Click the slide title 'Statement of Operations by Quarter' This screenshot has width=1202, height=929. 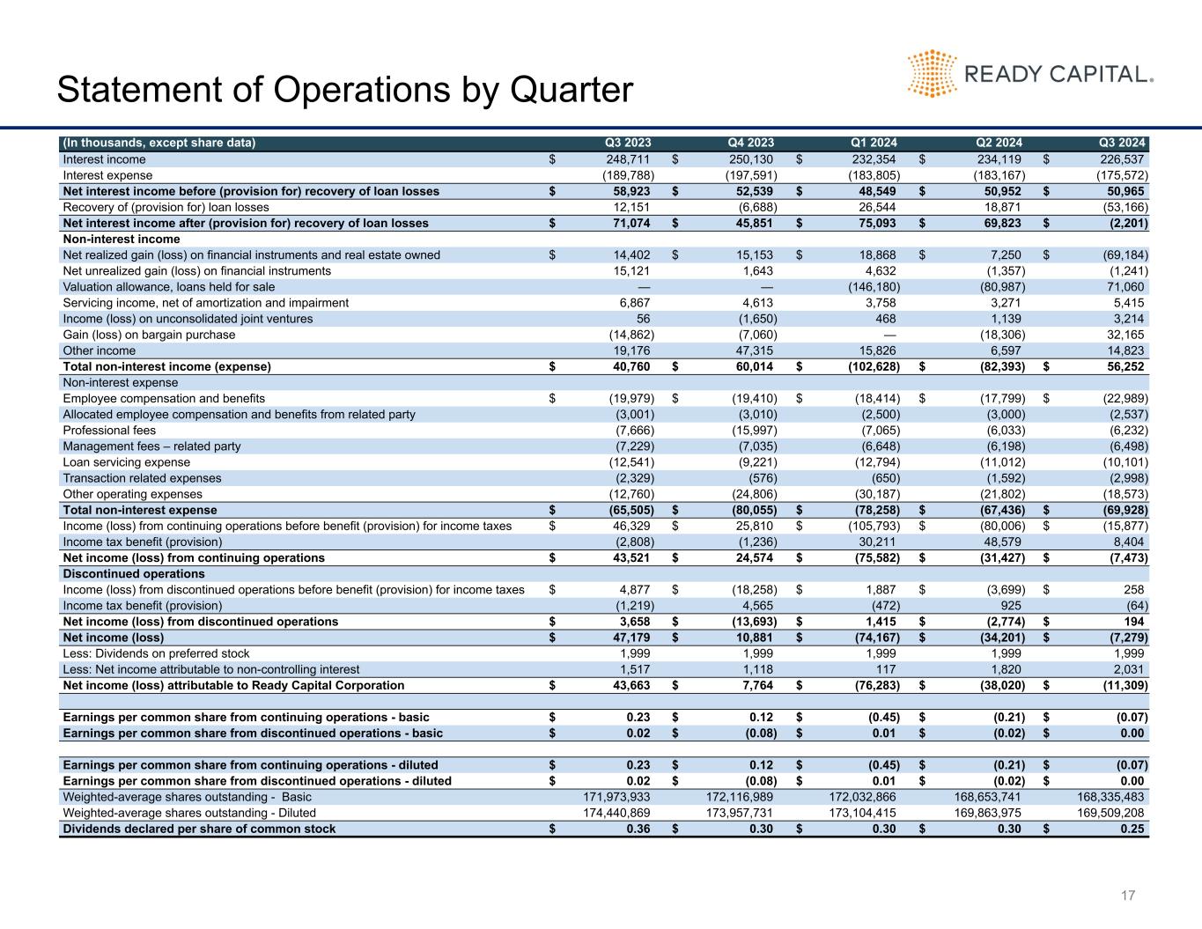click(x=344, y=90)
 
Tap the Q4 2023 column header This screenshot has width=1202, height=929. click(x=750, y=144)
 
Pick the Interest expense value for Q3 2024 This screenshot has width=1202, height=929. click(x=1119, y=175)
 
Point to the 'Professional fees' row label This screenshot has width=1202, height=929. click(x=109, y=431)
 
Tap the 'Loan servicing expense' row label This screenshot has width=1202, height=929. click(x=126, y=462)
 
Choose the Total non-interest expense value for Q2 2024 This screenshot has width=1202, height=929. click(x=997, y=510)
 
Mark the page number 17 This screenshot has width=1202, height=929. click(x=1128, y=896)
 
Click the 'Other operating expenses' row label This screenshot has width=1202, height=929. click(x=132, y=494)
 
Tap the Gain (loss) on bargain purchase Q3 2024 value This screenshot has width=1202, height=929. click(x=1125, y=335)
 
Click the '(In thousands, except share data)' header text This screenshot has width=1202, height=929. click(x=159, y=144)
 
